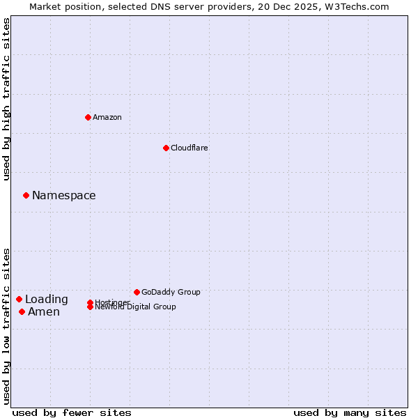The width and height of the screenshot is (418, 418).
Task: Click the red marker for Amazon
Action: [88, 117]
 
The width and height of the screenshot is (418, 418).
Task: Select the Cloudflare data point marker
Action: [166, 148]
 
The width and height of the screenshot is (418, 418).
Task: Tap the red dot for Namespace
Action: [26, 196]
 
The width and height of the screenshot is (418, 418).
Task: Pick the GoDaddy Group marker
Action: [137, 292]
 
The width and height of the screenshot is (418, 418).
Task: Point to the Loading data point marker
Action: [19, 300]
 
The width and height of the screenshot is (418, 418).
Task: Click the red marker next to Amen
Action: [22, 311]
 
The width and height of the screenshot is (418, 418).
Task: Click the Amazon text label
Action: [107, 117]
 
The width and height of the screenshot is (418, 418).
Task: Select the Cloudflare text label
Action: [189, 148]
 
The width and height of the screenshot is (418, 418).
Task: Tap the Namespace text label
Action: [64, 196]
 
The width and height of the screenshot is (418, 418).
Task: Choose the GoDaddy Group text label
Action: [171, 292]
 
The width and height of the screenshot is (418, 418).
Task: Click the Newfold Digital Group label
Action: [135, 307]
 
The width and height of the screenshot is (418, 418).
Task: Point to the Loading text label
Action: [47, 300]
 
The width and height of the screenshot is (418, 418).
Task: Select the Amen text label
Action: [44, 311]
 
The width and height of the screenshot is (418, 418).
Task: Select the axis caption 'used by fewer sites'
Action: [72, 412]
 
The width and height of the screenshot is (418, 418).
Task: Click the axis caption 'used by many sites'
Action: [350, 412]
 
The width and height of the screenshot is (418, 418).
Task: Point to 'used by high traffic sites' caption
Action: [6, 99]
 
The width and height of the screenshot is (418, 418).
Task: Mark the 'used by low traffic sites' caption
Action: [6, 326]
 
